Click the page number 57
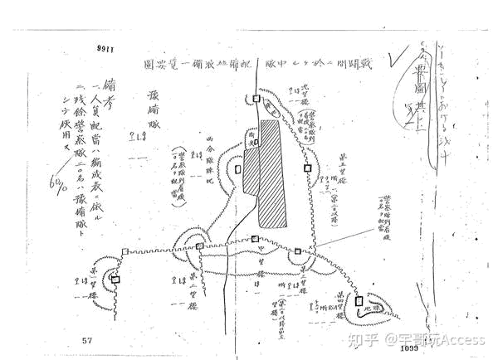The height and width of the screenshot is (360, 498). coord(87,338)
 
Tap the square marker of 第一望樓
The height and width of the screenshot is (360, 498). coord(116,280)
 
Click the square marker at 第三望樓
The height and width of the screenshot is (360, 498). coord(297,251)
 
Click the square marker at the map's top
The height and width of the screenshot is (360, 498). coord(258,100)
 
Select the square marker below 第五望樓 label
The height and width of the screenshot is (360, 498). coord(307,168)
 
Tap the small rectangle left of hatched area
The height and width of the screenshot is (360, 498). coord(238,168)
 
